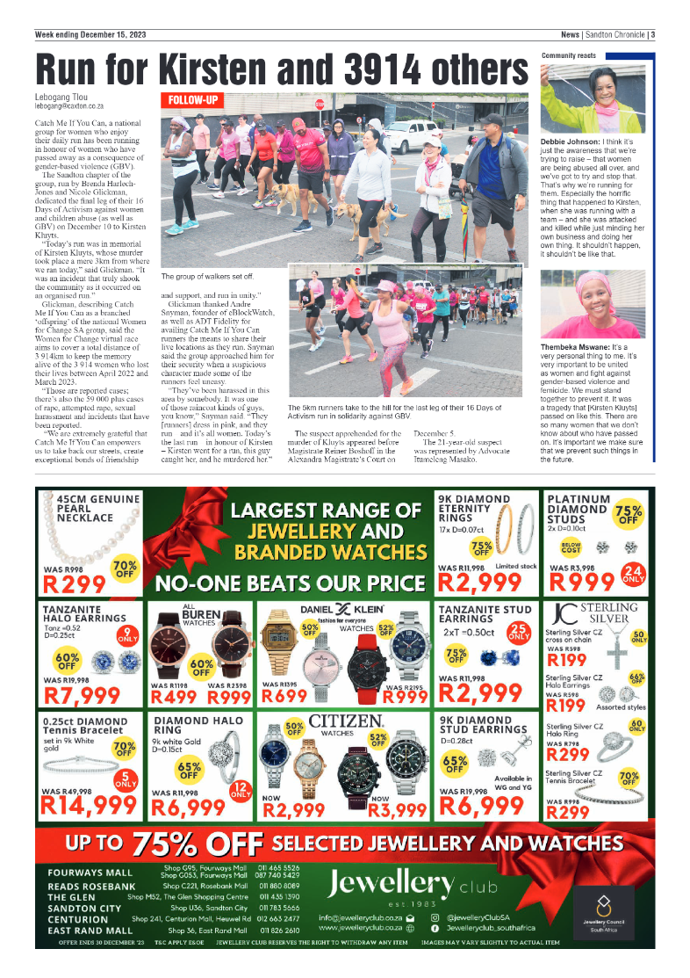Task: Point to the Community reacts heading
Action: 568,54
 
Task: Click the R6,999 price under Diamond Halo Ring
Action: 188,806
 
